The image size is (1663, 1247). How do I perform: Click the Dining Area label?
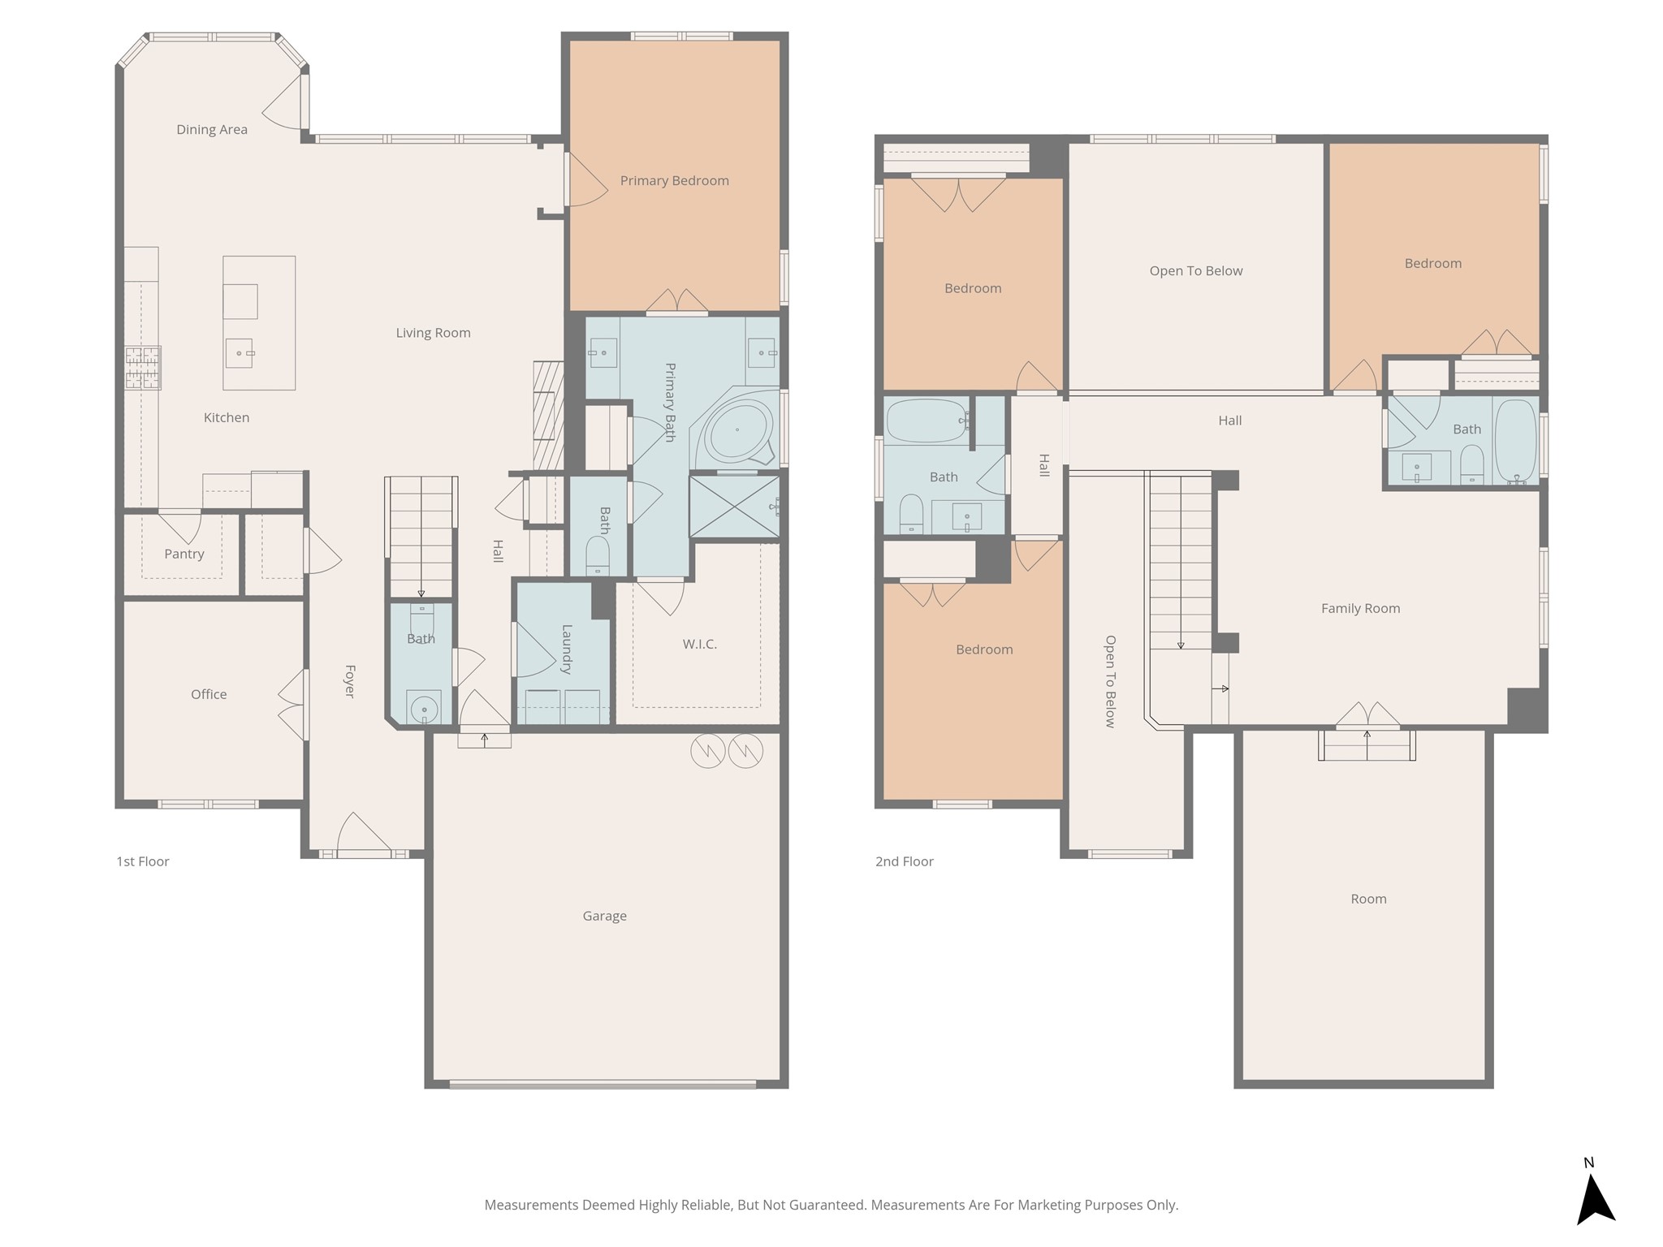point(212,129)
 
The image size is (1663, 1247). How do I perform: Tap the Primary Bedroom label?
point(674,180)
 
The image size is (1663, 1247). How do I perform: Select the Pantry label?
point(184,554)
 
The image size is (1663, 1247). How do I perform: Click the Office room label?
point(209,694)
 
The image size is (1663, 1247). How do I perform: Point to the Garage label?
point(604,916)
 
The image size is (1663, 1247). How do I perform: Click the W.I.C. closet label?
point(699,644)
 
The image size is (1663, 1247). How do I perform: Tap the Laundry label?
point(567,649)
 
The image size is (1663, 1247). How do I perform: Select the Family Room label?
point(1360,608)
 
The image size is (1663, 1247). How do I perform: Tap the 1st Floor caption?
point(142,861)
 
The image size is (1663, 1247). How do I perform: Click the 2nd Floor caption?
point(904,861)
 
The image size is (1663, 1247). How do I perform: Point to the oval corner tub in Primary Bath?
point(737,429)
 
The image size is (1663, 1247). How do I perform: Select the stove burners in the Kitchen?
point(142,367)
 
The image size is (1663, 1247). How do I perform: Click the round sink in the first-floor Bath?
point(424,710)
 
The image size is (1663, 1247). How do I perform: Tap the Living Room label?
point(433,333)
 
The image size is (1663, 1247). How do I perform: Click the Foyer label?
point(350,681)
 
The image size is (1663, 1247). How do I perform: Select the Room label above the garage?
point(1368,899)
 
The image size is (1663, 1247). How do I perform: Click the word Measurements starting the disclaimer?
point(531,1206)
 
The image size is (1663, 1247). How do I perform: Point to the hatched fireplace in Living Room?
point(548,416)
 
